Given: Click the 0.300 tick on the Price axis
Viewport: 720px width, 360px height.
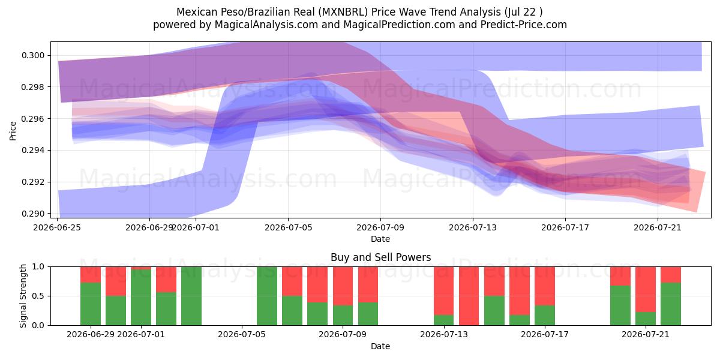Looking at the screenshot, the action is pyautogui.click(x=33, y=56).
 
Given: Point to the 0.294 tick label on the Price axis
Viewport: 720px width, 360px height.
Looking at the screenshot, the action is pyautogui.click(x=33, y=151).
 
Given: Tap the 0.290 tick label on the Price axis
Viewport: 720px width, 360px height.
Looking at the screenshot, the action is pyautogui.click(x=33, y=214).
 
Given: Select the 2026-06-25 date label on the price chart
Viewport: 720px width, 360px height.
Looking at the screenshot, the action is pyautogui.click(x=57, y=227).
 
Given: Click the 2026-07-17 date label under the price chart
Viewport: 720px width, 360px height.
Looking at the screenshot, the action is pyautogui.click(x=565, y=227).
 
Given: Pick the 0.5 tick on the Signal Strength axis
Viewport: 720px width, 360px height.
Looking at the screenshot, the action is pyautogui.click(x=38, y=296).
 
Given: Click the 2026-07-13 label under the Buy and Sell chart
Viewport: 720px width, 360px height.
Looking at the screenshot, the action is pyautogui.click(x=444, y=334).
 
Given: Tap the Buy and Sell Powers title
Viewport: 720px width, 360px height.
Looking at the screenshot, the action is pyautogui.click(x=380, y=257).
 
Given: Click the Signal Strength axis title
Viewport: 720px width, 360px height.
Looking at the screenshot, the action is pyautogui.click(x=23, y=296).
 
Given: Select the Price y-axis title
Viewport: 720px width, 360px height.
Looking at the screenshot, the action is pyautogui.click(x=13, y=131).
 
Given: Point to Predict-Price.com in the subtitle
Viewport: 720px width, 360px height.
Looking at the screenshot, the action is pyautogui.click(x=524, y=25).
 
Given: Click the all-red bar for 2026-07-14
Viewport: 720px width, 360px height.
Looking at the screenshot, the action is pyautogui.click(x=469, y=296).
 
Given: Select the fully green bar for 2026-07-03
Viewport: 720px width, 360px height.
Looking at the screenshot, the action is pyautogui.click(x=191, y=296).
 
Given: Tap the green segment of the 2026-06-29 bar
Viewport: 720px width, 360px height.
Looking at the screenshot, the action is pyautogui.click(x=91, y=304).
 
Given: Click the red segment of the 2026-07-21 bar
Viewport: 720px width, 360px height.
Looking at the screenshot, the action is pyautogui.click(x=646, y=289).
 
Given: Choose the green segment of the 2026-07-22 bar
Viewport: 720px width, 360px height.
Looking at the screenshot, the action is pyautogui.click(x=671, y=304).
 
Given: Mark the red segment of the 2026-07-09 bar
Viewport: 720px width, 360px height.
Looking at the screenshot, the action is pyautogui.click(x=368, y=284).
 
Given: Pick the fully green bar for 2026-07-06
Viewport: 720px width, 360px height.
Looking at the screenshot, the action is pyautogui.click(x=267, y=296).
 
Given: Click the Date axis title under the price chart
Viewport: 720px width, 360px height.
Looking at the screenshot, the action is pyautogui.click(x=380, y=239).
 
